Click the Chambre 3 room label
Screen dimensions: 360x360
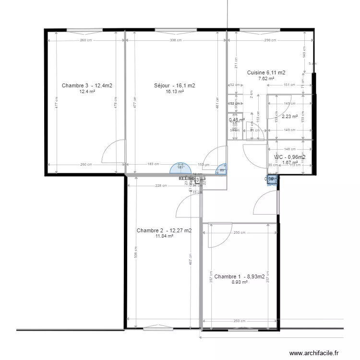[87, 85]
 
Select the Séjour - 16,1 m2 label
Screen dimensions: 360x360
[175, 85]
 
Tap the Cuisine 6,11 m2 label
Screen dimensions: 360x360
[266, 72]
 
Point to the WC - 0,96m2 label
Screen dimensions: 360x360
[290, 157]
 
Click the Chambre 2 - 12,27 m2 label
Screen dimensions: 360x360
[164, 230]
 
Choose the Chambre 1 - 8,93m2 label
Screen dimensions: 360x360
[239, 276]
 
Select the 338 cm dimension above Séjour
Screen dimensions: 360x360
[175, 40]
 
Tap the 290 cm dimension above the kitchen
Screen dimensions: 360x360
[270, 40]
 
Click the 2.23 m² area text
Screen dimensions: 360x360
[289, 116]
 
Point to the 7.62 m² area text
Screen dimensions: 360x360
[266, 79]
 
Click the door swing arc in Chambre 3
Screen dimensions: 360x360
[114, 151]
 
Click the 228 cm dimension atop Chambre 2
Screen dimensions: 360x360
[161, 186]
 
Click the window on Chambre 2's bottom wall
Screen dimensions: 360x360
[156, 328]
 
